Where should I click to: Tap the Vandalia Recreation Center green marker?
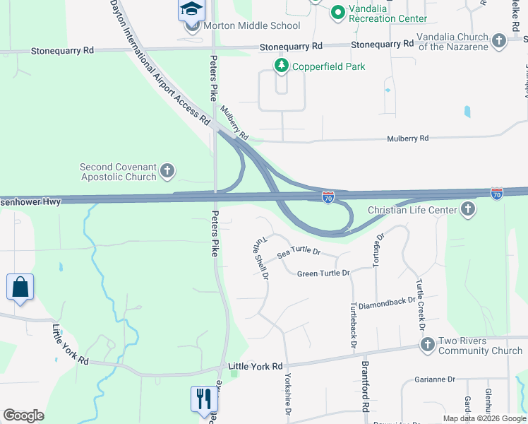[337, 12]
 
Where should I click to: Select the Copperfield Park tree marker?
[282, 66]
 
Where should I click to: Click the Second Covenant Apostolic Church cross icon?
[167, 170]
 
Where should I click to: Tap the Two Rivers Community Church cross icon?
[427, 345]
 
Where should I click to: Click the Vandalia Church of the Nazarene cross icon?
[499, 40]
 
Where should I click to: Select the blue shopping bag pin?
[20, 287]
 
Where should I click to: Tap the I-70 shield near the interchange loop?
[328, 199]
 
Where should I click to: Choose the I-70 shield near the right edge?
[497, 193]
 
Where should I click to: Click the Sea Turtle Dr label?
[299, 252]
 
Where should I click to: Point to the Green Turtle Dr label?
[323, 273]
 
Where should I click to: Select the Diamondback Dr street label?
[387, 301]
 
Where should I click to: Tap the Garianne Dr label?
[435, 379]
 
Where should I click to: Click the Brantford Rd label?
[366, 387]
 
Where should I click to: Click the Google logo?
[23, 416]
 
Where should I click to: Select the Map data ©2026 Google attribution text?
[484, 418]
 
